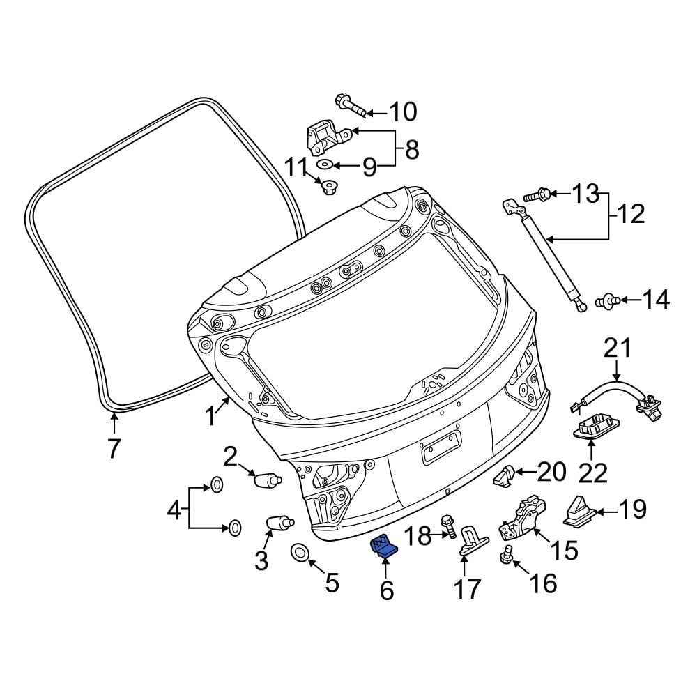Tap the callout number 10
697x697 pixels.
402,112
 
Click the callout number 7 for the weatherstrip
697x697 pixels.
114,448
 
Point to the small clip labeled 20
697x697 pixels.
504,475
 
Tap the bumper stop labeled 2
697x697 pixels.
266,480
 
